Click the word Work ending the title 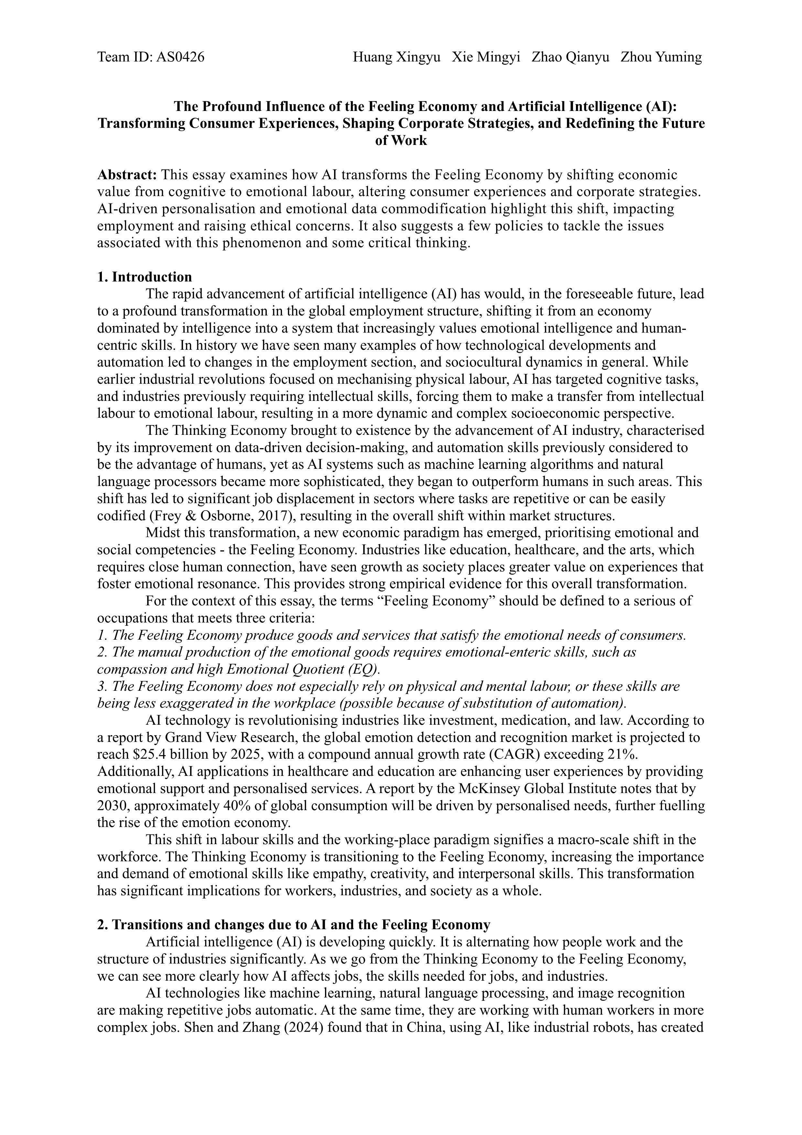[x=408, y=140]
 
